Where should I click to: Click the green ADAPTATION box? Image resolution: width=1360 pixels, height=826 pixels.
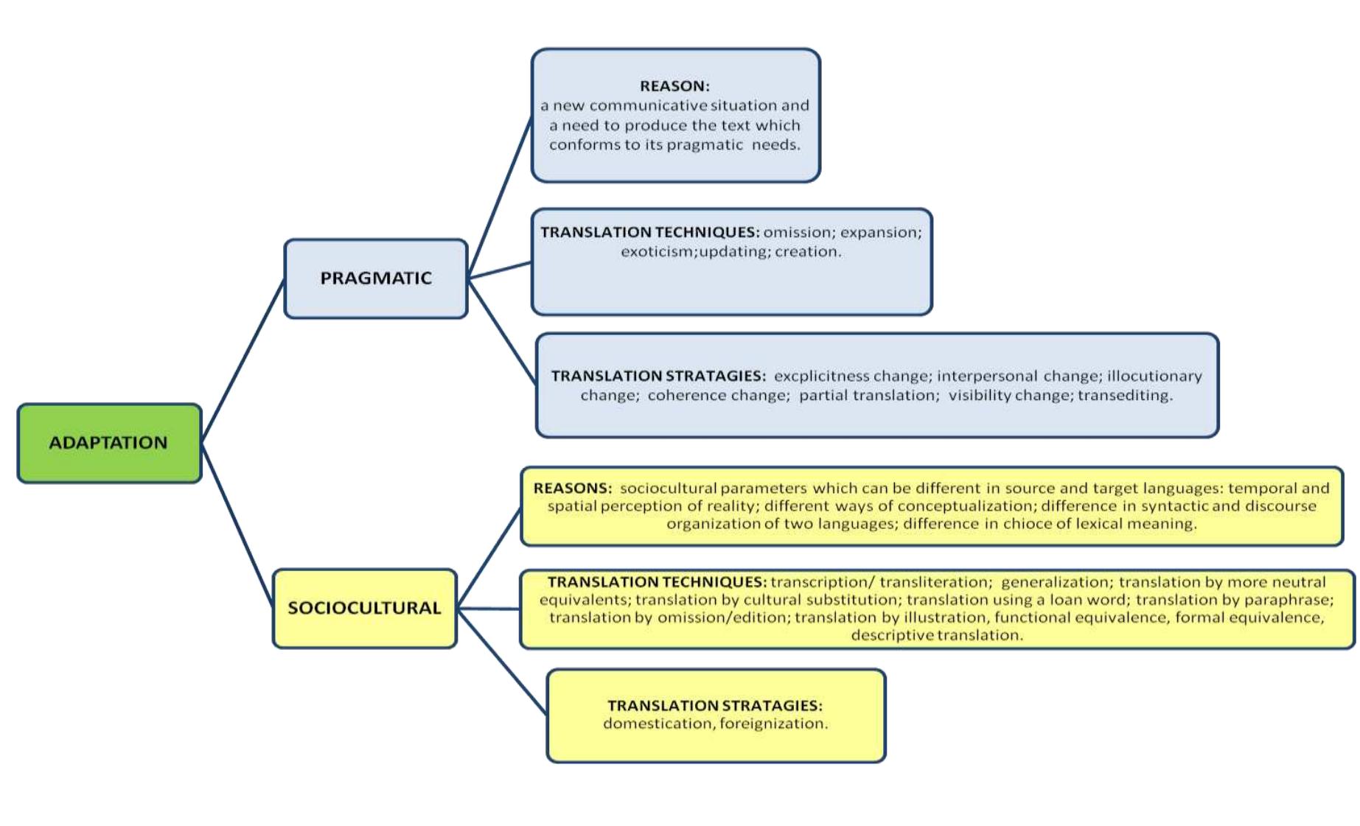pos(109,443)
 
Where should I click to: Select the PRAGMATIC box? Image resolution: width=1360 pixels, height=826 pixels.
pos(375,279)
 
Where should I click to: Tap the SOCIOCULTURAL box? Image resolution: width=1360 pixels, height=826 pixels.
pos(364,608)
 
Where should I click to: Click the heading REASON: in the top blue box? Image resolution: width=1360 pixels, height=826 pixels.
pos(674,86)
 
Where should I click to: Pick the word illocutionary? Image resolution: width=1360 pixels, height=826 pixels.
pos(1154,377)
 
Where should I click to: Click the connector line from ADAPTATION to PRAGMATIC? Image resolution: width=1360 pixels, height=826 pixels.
pos(243,360)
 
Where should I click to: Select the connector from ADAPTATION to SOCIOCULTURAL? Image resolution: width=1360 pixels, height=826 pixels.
pos(237,525)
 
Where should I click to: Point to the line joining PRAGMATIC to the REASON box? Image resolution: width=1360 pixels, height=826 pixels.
pos(500,197)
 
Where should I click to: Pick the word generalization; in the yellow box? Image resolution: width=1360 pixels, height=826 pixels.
pos(1055,582)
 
